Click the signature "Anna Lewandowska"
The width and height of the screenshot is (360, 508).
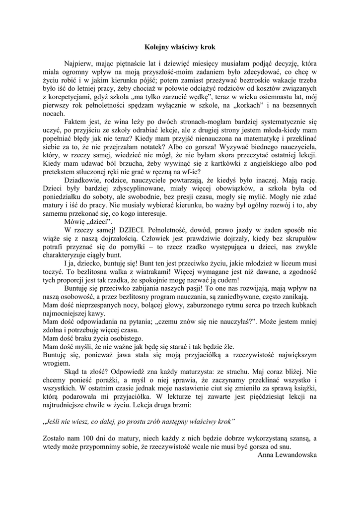(x=288, y=454)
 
